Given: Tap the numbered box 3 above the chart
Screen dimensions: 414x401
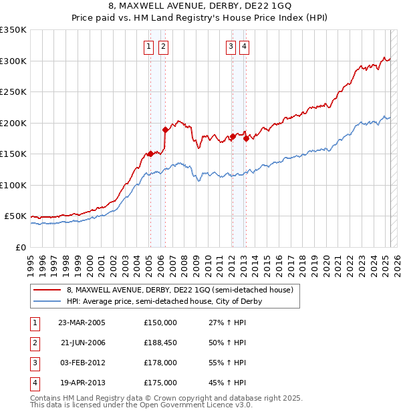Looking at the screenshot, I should click(230, 47).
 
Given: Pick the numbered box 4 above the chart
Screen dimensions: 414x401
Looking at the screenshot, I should click(245, 47).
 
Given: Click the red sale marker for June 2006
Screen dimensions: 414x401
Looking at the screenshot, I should click(165, 130).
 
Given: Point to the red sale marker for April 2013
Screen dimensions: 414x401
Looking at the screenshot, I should click(246, 138).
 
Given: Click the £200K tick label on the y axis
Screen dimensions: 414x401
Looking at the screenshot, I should click(13, 123).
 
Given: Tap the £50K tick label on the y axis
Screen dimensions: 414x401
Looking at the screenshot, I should click(15, 216).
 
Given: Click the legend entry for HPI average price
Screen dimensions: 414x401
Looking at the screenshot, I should click(164, 301).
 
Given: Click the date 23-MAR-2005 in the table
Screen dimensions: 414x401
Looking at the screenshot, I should click(82, 323).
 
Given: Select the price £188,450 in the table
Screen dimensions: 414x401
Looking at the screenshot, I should click(160, 343).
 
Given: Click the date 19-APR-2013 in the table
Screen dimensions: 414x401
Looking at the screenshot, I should click(82, 383).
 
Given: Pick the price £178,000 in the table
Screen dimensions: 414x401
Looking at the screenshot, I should click(160, 363).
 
